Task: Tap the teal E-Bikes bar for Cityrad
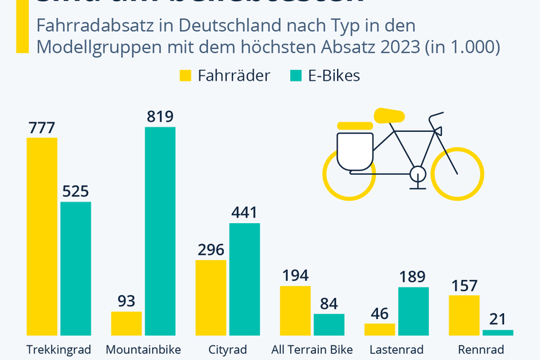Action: click(x=245, y=279)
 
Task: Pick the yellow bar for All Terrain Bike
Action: click(x=295, y=310)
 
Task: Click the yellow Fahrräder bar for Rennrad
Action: click(x=464, y=315)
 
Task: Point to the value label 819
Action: click(x=160, y=116)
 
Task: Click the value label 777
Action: click(x=42, y=127)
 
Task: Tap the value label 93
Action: click(x=127, y=301)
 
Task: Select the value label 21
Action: click(x=498, y=319)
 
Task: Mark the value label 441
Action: click(x=245, y=212)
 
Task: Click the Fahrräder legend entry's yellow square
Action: click(x=186, y=76)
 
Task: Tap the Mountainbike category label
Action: click(x=143, y=350)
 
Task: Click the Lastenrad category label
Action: click(x=397, y=350)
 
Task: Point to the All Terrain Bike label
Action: click(x=312, y=350)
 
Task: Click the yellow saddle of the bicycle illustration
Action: click(x=389, y=114)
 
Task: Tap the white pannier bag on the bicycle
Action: click(x=355, y=152)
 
